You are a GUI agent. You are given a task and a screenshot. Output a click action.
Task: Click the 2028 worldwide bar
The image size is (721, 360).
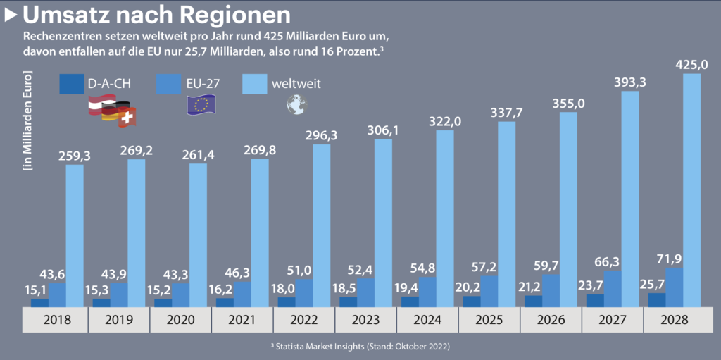(691, 190)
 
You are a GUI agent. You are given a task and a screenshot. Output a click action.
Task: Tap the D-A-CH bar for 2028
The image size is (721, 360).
(656, 299)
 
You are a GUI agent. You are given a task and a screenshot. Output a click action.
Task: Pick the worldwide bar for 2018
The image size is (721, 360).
(75, 236)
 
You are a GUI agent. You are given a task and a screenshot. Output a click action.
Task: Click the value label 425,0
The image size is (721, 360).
(691, 65)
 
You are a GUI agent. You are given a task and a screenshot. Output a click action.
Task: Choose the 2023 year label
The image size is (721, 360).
(365, 320)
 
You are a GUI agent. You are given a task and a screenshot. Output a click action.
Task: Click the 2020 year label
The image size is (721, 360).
(180, 320)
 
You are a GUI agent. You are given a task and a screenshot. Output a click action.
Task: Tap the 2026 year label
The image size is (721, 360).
(551, 320)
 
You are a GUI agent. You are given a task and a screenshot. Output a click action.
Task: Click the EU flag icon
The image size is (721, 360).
(202, 104)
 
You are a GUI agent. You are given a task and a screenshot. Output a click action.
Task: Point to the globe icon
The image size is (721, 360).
(296, 105)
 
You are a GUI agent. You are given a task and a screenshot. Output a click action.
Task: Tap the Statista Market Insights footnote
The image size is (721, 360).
(360, 347)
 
